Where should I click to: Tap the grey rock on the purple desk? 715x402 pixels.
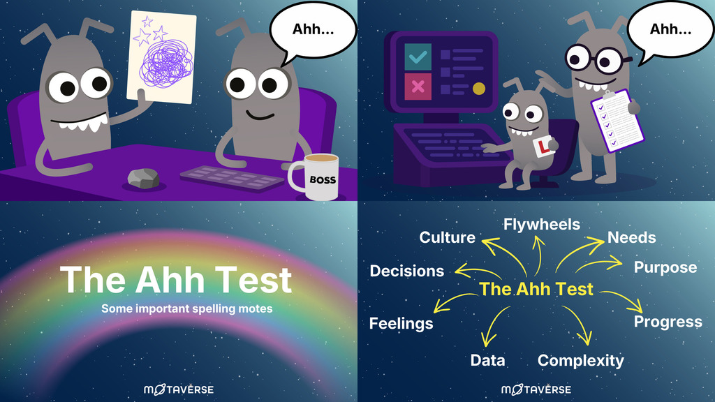pos(144,179)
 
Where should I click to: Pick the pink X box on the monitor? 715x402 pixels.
pos(418,87)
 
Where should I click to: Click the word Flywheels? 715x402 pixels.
pos(542,225)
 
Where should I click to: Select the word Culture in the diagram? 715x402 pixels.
pos(447,238)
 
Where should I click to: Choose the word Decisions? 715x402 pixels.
pos(406,271)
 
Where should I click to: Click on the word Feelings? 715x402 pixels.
pos(401,323)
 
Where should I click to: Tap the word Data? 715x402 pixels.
pos(487,361)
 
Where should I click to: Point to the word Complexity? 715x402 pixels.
pos(580,361)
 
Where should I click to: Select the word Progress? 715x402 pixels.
pos(668,322)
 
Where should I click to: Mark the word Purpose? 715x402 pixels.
pos(665,267)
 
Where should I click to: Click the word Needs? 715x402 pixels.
pos(631,238)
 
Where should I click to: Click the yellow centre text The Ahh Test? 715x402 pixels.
pos(536,289)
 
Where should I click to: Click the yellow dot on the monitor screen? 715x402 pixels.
pos(479,89)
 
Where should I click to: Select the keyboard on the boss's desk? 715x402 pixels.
pos(233,177)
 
